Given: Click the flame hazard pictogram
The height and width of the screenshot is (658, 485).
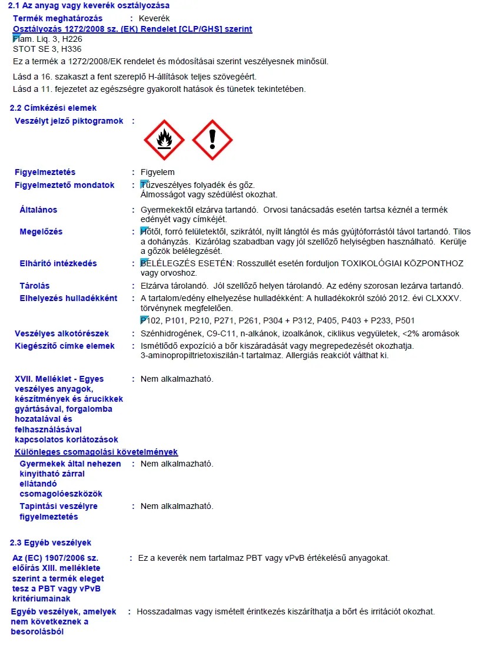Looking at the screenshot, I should click(x=164, y=140).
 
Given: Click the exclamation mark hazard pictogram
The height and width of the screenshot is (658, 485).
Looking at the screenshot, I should click(x=212, y=140).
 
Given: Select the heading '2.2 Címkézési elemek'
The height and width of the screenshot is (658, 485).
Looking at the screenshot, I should click(x=53, y=108).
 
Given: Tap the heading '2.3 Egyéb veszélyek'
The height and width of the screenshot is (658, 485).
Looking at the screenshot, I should click(x=51, y=543).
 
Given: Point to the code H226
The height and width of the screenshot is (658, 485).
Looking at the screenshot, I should click(x=72, y=39).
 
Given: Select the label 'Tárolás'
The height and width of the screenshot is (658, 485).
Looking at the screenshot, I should click(x=35, y=286).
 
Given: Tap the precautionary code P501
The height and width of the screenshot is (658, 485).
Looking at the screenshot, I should click(x=405, y=320).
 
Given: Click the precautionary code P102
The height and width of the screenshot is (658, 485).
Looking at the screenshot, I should click(x=151, y=320).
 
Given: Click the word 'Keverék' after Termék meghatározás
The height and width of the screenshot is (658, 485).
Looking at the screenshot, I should click(x=154, y=18).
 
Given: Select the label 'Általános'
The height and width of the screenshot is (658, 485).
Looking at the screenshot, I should click(x=39, y=210).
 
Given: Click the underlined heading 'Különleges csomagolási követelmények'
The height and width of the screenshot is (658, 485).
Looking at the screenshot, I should click(x=96, y=452).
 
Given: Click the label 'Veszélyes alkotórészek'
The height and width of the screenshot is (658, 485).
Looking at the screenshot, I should click(x=61, y=333).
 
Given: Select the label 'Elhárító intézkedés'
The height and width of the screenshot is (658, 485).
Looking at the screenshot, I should click(x=58, y=263).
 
